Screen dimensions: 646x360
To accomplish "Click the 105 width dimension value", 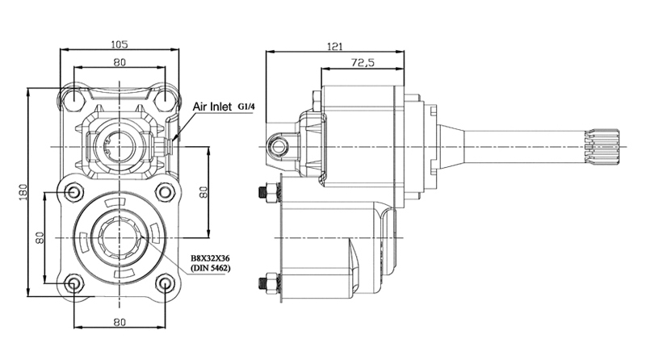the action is [120, 44].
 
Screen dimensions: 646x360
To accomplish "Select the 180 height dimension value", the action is [23, 192].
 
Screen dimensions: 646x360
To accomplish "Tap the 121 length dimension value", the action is [335, 46].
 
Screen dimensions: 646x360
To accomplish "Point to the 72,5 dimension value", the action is [363, 63].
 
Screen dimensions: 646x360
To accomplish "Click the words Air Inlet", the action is [212, 107].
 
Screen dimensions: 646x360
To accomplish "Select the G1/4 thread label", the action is [246, 107].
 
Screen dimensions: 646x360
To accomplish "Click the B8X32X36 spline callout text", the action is [210, 258].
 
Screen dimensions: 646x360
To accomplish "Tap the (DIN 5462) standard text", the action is [210, 268].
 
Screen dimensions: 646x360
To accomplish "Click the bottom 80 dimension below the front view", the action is [120, 322].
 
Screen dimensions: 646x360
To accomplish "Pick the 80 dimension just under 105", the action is [120, 62].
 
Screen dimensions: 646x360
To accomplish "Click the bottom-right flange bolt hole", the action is [166, 283].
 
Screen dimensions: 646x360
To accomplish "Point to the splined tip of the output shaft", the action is [602, 146].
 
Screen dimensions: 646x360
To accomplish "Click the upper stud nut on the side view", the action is [271, 192].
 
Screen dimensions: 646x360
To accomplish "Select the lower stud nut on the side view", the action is [271, 283].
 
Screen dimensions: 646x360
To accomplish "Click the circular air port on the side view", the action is [279, 146].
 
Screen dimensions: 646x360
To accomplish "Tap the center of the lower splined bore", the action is [120, 237].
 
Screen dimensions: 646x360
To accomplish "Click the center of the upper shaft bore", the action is [120, 147].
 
